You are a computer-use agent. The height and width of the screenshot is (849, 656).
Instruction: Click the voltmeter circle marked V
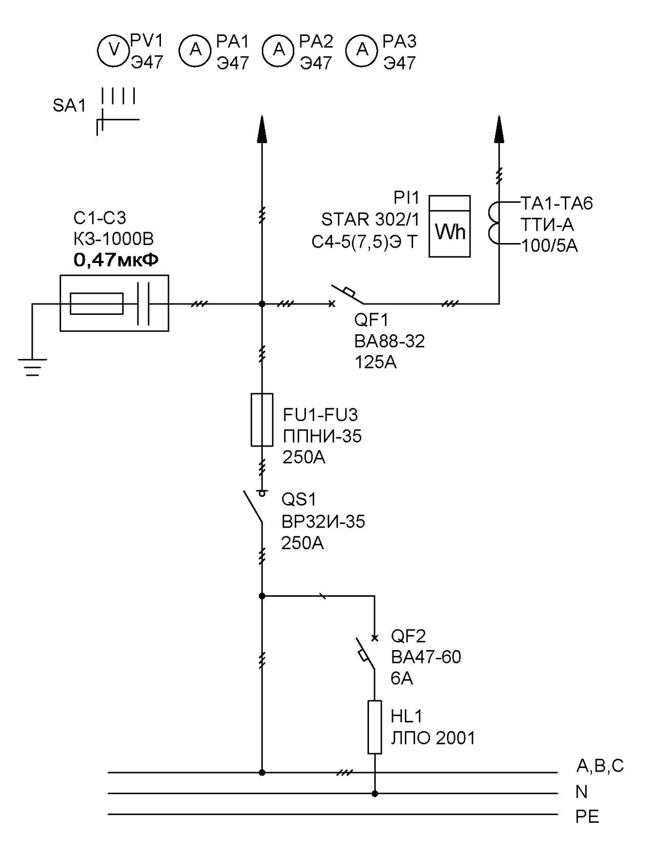[113, 50]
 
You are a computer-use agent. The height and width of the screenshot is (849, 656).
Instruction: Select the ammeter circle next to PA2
[278, 50]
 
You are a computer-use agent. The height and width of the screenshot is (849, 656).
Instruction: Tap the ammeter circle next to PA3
[362, 50]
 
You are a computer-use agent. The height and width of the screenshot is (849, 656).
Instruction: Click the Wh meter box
[449, 226]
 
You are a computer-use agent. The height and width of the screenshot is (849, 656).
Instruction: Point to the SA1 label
[69, 106]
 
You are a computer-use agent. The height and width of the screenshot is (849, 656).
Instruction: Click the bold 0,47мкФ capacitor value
[116, 260]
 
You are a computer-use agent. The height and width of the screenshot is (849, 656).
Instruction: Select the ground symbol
[32, 367]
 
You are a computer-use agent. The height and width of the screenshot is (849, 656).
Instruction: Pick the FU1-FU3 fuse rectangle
[261, 419]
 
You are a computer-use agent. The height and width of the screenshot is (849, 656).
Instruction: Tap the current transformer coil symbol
[494, 223]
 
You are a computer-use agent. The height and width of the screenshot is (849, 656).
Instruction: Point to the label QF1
[371, 320]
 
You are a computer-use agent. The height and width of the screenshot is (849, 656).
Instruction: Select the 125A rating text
[375, 362]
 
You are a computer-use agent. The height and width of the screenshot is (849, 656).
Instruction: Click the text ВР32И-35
[323, 521]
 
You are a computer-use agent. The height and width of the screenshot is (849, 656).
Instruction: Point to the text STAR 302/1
[370, 219]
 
